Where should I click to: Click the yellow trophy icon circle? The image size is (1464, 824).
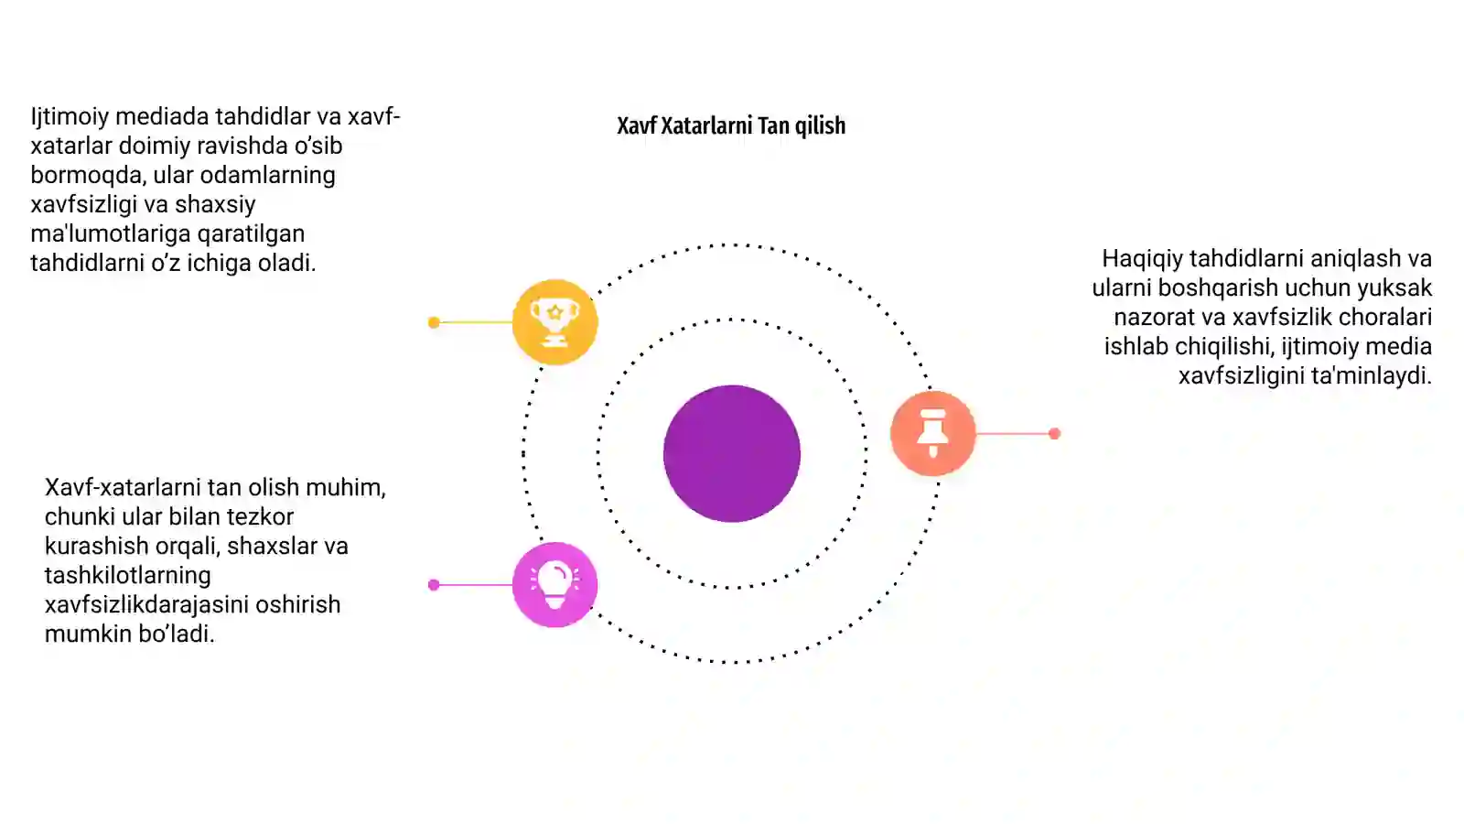554,321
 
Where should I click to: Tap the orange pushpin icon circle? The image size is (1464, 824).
933,434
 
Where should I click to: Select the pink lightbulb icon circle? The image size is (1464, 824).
554,585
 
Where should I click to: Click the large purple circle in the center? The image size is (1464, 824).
732,454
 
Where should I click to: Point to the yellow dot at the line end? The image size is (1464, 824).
434,322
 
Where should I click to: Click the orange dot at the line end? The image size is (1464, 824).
1054,434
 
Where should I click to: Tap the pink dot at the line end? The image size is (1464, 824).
434,585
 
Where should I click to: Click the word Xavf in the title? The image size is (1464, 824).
636,125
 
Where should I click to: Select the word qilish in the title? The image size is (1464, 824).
820,126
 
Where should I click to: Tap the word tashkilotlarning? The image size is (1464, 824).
128,576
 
